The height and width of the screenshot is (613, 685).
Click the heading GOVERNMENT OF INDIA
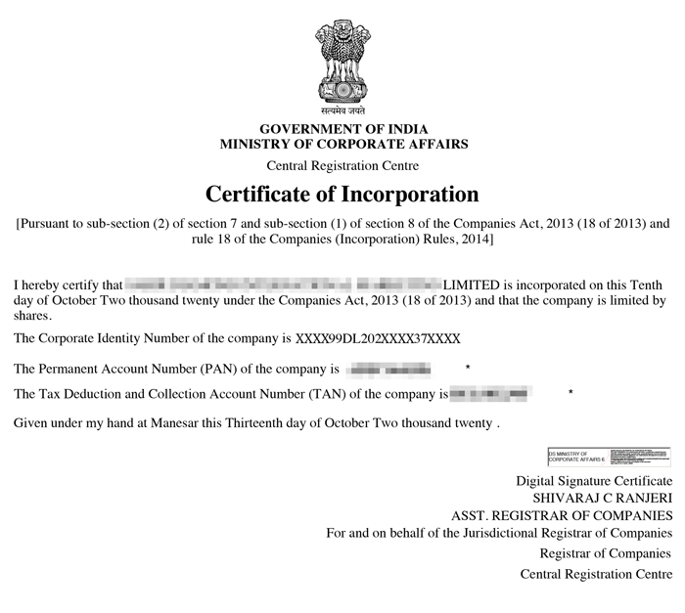click(x=343, y=129)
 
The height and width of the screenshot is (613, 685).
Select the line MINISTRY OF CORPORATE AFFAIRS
click(x=343, y=144)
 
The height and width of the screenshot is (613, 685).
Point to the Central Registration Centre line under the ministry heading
click(x=342, y=165)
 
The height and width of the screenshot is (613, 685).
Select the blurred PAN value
click(x=388, y=370)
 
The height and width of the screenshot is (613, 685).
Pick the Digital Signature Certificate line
click(x=594, y=481)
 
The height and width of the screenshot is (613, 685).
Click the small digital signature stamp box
click(x=609, y=457)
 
